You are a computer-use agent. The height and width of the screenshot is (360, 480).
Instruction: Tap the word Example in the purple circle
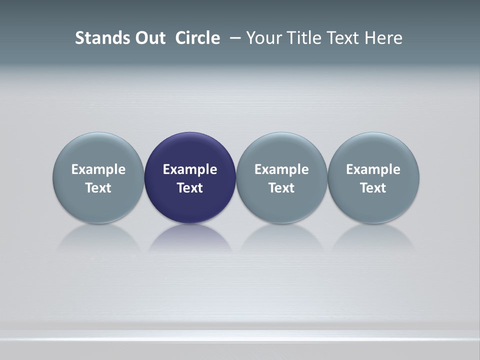(x=190, y=169)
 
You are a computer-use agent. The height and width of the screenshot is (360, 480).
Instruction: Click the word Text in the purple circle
(x=190, y=188)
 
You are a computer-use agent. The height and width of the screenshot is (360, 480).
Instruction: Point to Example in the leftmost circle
(x=98, y=169)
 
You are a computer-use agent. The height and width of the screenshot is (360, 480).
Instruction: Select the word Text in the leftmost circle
(x=98, y=188)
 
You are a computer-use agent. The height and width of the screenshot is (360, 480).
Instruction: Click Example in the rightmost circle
(x=373, y=169)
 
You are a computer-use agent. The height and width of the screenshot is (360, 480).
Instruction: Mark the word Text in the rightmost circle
(x=373, y=188)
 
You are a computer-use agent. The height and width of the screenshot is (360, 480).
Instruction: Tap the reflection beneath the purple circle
(x=190, y=237)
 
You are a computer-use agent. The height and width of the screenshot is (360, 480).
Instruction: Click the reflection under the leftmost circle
(x=98, y=237)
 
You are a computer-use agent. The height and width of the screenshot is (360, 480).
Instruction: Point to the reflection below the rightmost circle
(x=373, y=237)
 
